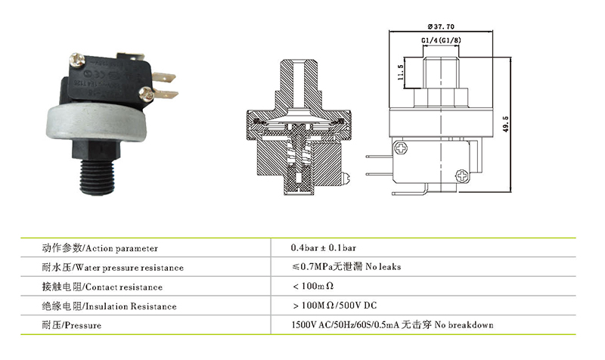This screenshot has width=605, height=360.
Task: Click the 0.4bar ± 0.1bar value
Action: click(x=323, y=247)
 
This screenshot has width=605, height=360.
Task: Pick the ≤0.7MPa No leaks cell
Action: click(x=346, y=267)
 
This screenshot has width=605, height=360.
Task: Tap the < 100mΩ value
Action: click(x=312, y=287)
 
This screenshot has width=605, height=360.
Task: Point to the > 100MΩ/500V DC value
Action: click(x=333, y=306)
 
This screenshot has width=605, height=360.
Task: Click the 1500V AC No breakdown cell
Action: click(x=392, y=325)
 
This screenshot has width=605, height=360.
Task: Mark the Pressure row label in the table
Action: click(x=82, y=326)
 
